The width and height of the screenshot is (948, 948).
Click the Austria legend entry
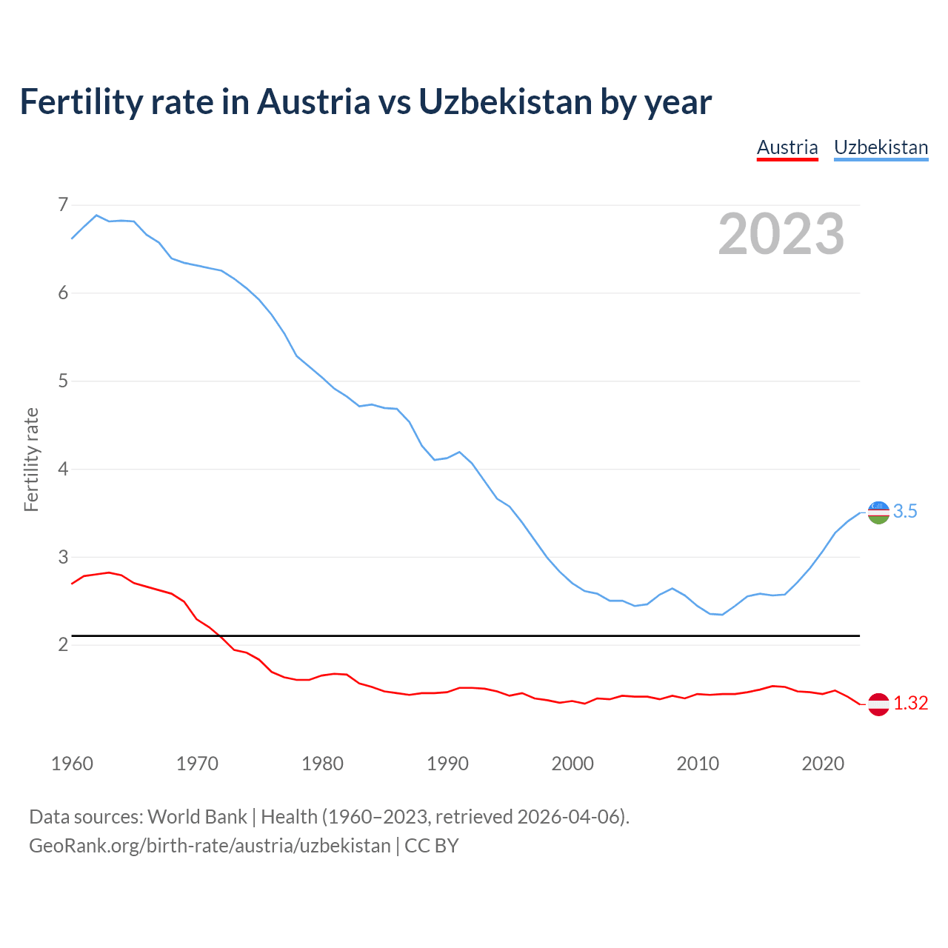787,147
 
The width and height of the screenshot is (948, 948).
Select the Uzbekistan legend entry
881,147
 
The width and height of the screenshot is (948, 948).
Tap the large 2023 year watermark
781,234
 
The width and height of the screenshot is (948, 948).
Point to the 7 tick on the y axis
63,204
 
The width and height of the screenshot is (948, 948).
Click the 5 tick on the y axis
63,381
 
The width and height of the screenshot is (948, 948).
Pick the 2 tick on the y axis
63,645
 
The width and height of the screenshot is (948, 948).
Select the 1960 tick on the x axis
72,764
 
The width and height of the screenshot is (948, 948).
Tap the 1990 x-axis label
447,764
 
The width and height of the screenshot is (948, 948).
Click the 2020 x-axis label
823,764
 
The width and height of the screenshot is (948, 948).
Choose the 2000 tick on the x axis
573,764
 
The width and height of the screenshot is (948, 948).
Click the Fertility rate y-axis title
31,459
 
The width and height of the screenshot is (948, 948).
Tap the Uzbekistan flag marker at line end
878,512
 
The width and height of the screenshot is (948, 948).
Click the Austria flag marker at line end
878,704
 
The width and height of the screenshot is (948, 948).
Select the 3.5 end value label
905,512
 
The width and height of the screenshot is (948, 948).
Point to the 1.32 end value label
910,704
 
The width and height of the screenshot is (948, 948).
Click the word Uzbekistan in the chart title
504,101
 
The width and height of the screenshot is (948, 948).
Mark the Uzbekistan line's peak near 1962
96,215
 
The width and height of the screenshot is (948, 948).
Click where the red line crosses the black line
220,635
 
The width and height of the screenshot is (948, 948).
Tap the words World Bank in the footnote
197,817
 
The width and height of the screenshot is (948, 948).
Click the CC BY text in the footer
432,846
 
